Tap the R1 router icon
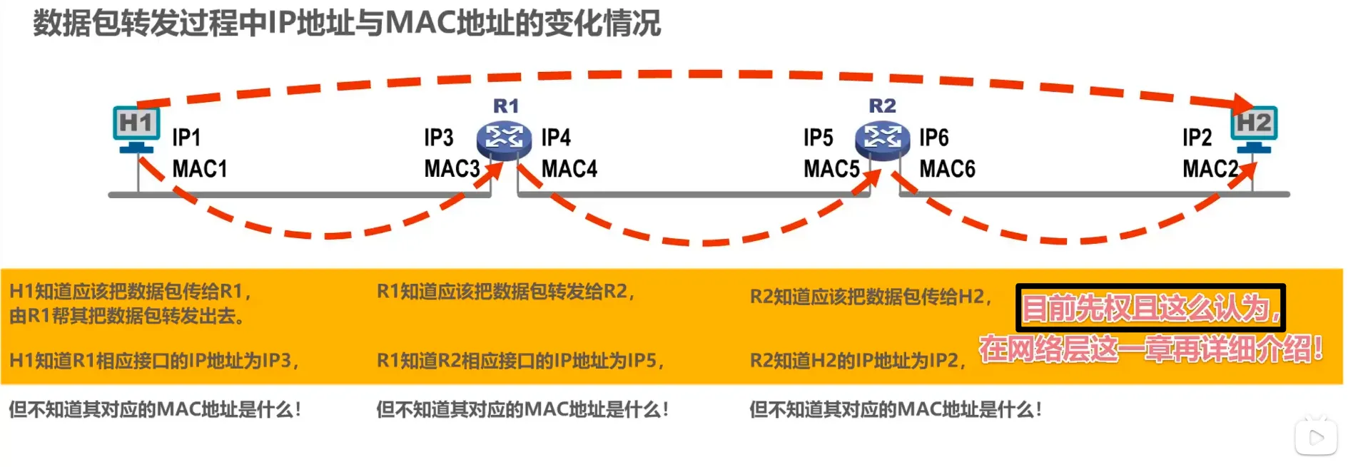[504, 138]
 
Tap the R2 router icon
[882, 138]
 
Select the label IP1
[186, 138]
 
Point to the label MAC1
[200, 169]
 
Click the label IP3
[439, 138]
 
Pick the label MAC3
[452, 169]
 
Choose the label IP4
[556, 138]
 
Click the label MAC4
[569, 169]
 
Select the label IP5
[819, 138]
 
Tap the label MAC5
[831, 169]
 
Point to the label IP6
[934, 138]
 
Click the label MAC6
[947, 169]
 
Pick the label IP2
[1197, 138]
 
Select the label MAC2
[1210, 169]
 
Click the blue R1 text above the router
[506, 106]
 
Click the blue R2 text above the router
[882, 106]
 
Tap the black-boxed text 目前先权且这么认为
[1150, 308]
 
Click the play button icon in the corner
[1317, 437]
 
